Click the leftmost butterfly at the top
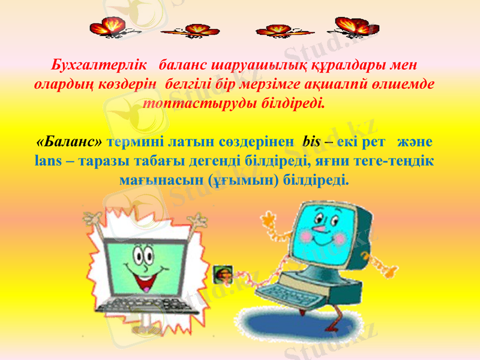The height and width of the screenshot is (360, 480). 109,26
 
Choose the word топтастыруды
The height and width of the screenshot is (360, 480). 187,101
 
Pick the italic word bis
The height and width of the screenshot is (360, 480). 312,143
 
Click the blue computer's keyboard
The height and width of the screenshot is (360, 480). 287,293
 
